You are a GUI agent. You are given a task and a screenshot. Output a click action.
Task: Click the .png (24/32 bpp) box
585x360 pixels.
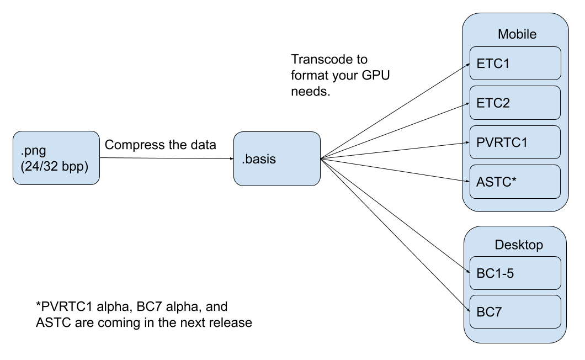tap(56, 157)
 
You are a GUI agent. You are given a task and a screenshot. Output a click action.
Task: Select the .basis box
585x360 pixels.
tap(277, 158)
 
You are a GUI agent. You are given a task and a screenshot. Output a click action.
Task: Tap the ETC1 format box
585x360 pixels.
tap(515, 63)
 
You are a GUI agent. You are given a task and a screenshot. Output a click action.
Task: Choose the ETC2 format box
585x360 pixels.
tap(515, 103)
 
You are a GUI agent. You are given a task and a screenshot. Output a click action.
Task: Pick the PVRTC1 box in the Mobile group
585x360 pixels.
tap(515, 142)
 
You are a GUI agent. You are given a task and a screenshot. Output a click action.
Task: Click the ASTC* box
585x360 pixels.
tap(515, 182)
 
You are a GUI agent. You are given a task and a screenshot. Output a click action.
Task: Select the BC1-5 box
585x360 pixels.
tap(515, 273)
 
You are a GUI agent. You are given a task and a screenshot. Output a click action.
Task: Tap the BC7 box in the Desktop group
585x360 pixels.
tap(515, 312)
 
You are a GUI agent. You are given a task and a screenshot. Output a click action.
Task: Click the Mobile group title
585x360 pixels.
tap(517, 34)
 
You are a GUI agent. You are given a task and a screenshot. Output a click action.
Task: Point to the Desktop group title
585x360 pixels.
tap(519, 245)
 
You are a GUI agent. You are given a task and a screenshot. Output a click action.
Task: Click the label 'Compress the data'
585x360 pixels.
tap(161, 145)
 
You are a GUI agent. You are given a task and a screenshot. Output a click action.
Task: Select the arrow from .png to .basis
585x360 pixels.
tap(167, 158)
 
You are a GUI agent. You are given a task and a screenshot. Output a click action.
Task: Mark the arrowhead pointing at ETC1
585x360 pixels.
tap(467, 65)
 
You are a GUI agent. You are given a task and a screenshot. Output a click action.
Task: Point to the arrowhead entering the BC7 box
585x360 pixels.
tap(467, 309)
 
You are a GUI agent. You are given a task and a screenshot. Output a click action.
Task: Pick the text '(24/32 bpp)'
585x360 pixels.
tap(55, 167)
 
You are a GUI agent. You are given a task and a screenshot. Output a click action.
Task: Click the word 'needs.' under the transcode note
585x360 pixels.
tap(310, 92)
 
